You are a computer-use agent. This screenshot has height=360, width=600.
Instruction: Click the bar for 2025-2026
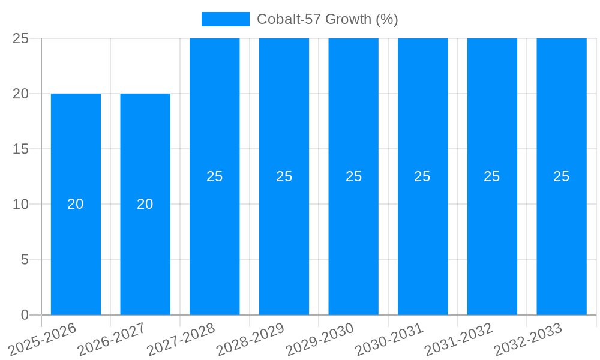click(x=76, y=240)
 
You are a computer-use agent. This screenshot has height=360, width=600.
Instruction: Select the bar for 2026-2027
click(x=145, y=240)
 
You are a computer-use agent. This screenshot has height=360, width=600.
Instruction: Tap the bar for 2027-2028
click(x=215, y=228)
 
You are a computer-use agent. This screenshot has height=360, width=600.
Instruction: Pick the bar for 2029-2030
click(x=353, y=228)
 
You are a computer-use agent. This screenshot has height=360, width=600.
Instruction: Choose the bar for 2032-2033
click(x=562, y=228)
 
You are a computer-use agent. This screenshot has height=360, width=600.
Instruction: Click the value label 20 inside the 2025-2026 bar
click(x=76, y=204)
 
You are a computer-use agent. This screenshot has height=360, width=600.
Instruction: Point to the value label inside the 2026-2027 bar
click(x=145, y=204)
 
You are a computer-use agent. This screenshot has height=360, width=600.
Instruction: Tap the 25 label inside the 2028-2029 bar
click(x=284, y=176)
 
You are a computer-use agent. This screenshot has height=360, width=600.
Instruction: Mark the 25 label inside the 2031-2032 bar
click(x=492, y=176)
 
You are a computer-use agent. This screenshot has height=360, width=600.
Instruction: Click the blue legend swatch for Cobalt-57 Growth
click(x=225, y=19)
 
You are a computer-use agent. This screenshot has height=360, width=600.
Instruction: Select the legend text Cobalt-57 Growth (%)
click(x=328, y=19)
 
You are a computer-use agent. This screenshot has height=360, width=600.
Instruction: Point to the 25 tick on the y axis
click(x=21, y=38)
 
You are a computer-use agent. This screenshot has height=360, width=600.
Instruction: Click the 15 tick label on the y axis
click(x=21, y=149)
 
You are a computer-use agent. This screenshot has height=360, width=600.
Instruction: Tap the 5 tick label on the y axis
click(x=25, y=260)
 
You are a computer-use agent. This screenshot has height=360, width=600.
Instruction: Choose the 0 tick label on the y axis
click(x=25, y=315)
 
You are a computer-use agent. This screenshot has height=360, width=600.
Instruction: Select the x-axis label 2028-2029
click(x=251, y=338)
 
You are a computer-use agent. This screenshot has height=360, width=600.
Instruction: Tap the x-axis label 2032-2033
click(x=529, y=338)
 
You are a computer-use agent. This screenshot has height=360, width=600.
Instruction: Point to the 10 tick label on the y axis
click(x=21, y=204)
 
